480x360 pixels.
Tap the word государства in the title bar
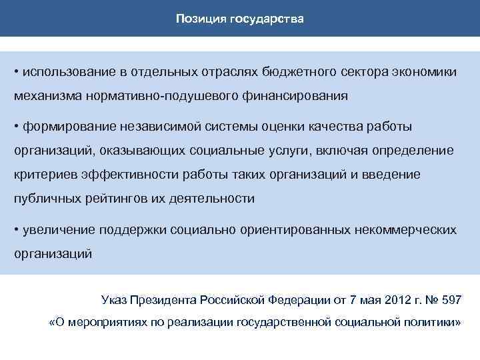pos(267,19)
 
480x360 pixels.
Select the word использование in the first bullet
pos(65,71)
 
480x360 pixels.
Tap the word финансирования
pos(292,96)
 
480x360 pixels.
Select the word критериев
pos(43,174)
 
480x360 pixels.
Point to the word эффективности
pos(123,174)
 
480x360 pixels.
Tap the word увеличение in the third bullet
pos(59,230)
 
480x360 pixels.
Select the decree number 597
pos(450,299)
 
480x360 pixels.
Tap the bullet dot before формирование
pos(17,126)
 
